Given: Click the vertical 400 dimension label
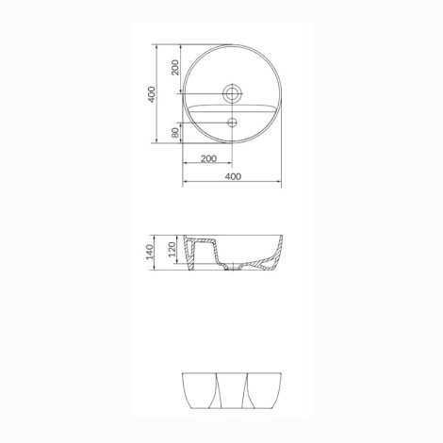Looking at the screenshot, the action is pyautogui.click(x=152, y=94).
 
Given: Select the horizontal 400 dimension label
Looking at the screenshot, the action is pyautogui.click(x=233, y=176).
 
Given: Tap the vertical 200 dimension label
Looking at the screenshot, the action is pyautogui.click(x=175, y=67).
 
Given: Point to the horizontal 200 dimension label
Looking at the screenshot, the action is pyautogui.click(x=208, y=158).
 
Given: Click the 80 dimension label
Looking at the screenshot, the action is pyautogui.click(x=175, y=133).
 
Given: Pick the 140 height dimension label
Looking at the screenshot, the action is pyautogui.click(x=150, y=252).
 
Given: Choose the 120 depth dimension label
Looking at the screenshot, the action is pyautogui.click(x=172, y=250).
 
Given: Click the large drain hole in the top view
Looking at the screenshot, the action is pyautogui.click(x=233, y=93).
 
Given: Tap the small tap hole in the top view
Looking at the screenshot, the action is pyautogui.click(x=233, y=123).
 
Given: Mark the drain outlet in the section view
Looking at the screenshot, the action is pyautogui.click(x=233, y=268).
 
